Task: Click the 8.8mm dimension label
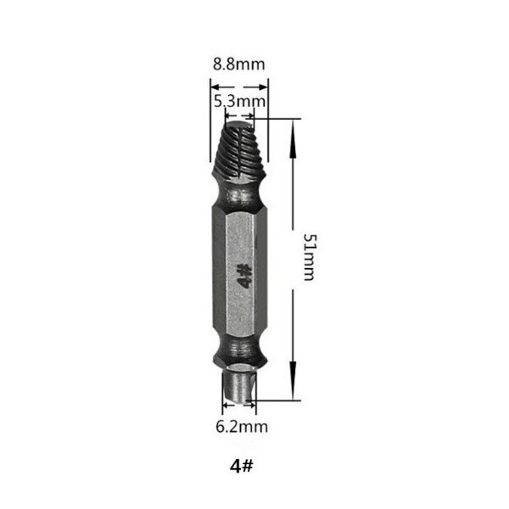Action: (238, 63)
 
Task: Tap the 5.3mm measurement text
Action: (240, 102)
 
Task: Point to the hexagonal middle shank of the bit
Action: (239, 271)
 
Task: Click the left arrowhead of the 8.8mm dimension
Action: (215, 87)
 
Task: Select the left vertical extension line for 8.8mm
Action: (210, 119)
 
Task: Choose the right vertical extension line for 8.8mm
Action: (269, 119)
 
